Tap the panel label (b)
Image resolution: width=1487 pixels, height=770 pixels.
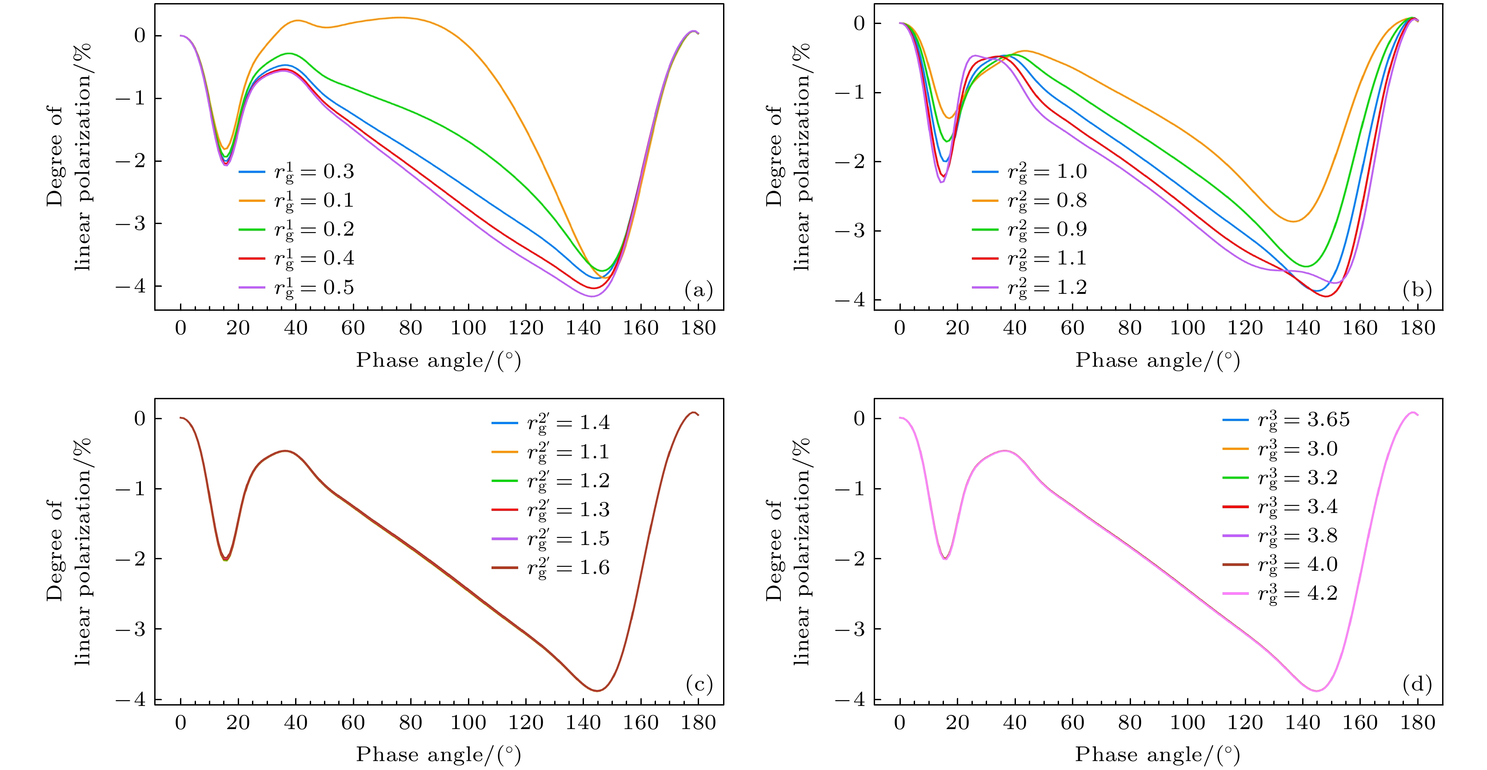1417,290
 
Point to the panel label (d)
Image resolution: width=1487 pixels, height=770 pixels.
1417,685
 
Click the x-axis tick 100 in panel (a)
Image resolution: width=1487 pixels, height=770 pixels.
468,328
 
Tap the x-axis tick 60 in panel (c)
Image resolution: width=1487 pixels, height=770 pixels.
353,722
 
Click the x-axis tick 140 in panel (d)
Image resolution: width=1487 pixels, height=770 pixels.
1302,722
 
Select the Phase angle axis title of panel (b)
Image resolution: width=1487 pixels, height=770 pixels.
1157,361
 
